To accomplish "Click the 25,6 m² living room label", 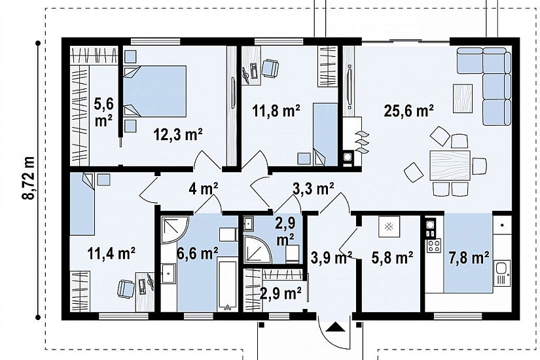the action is [408, 111].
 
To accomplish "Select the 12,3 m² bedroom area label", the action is [177, 134].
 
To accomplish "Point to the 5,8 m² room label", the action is [392, 257].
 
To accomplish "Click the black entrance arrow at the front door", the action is [335, 327].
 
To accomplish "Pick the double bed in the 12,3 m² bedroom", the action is [154, 91].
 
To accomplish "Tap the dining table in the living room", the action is [450, 166].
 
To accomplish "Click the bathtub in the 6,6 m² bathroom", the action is [227, 285].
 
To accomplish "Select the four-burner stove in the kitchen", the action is [433, 245].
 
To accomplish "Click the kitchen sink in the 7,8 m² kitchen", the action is [501, 273].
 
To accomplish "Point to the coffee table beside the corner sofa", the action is [463, 98].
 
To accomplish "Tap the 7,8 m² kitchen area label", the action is [469, 257].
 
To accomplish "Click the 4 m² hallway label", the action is [203, 189].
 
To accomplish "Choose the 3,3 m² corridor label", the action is [313, 189].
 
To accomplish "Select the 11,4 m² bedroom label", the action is [111, 254].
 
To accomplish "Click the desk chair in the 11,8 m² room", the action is [270, 68].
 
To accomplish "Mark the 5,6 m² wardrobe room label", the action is [103, 112].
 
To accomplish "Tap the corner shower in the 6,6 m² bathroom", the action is [174, 229].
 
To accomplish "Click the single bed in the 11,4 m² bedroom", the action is [82, 204].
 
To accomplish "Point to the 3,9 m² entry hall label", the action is [331, 257].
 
